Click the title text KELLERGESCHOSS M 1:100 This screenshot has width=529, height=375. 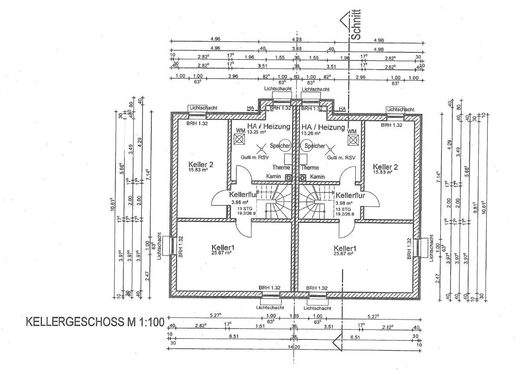95,322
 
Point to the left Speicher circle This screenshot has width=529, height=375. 285,145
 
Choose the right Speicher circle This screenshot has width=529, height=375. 307,145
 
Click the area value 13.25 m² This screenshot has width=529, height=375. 256,132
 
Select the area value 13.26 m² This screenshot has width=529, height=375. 311,133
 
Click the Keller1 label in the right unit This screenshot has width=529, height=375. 346,248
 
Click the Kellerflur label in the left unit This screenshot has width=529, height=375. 243,195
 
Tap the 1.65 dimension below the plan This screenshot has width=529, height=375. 294,316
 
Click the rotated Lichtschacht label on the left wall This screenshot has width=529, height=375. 160,246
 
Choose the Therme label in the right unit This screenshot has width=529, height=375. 310,168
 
